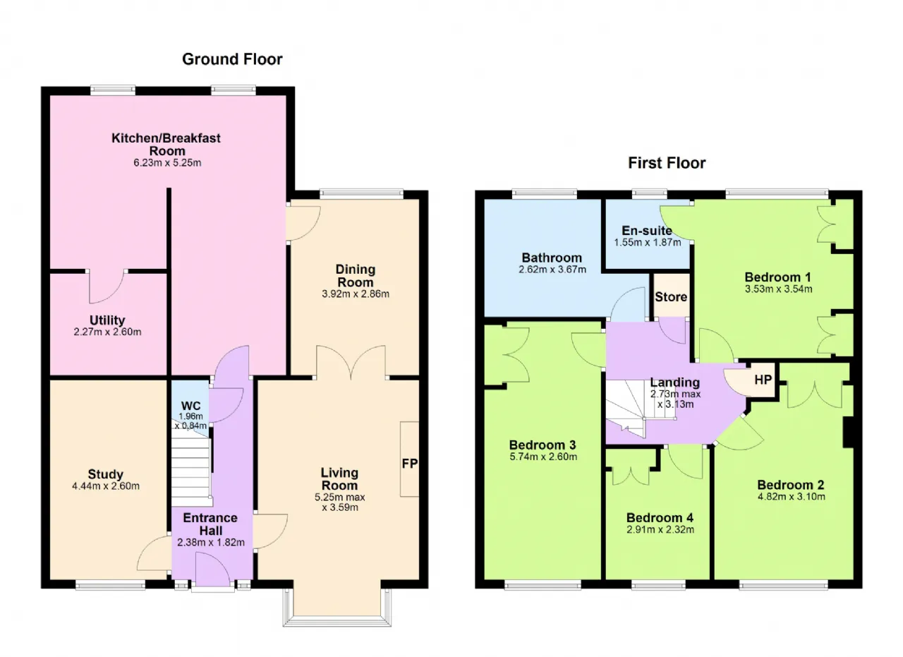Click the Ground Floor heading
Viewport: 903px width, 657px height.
[x=232, y=59]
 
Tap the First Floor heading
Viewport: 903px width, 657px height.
[x=667, y=163]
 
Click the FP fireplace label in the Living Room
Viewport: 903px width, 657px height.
[x=410, y=464]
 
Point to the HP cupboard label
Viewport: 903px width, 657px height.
[x=763, y=380]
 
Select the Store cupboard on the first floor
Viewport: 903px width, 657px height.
[x=671, y=296]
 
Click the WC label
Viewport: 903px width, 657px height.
[x=190, y=406]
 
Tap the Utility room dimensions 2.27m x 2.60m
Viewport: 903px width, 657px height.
[x=107, y=332]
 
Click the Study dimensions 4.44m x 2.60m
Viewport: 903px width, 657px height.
[x=106, y=486]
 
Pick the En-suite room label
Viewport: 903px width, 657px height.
[x=647, y=230]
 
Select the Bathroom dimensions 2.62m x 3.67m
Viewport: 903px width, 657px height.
[x=552, y=270]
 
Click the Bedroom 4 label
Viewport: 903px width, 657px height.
[x=660, y=517]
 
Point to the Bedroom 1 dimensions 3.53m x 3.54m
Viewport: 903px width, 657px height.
[x=778, y=289]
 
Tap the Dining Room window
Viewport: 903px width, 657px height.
[x=362, y=194]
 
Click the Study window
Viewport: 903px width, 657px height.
[x=111, y=585]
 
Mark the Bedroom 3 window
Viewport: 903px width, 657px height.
[x=543, y=585]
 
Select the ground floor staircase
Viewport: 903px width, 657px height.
[x=191, y=468]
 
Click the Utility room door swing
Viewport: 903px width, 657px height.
[x=107, y=287]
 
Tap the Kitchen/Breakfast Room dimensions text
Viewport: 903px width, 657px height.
[x=167, y=163]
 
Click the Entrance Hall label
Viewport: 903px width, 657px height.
[x=210, y=524]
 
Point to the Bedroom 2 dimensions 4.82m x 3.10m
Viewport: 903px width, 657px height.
[x=792, y=497]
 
